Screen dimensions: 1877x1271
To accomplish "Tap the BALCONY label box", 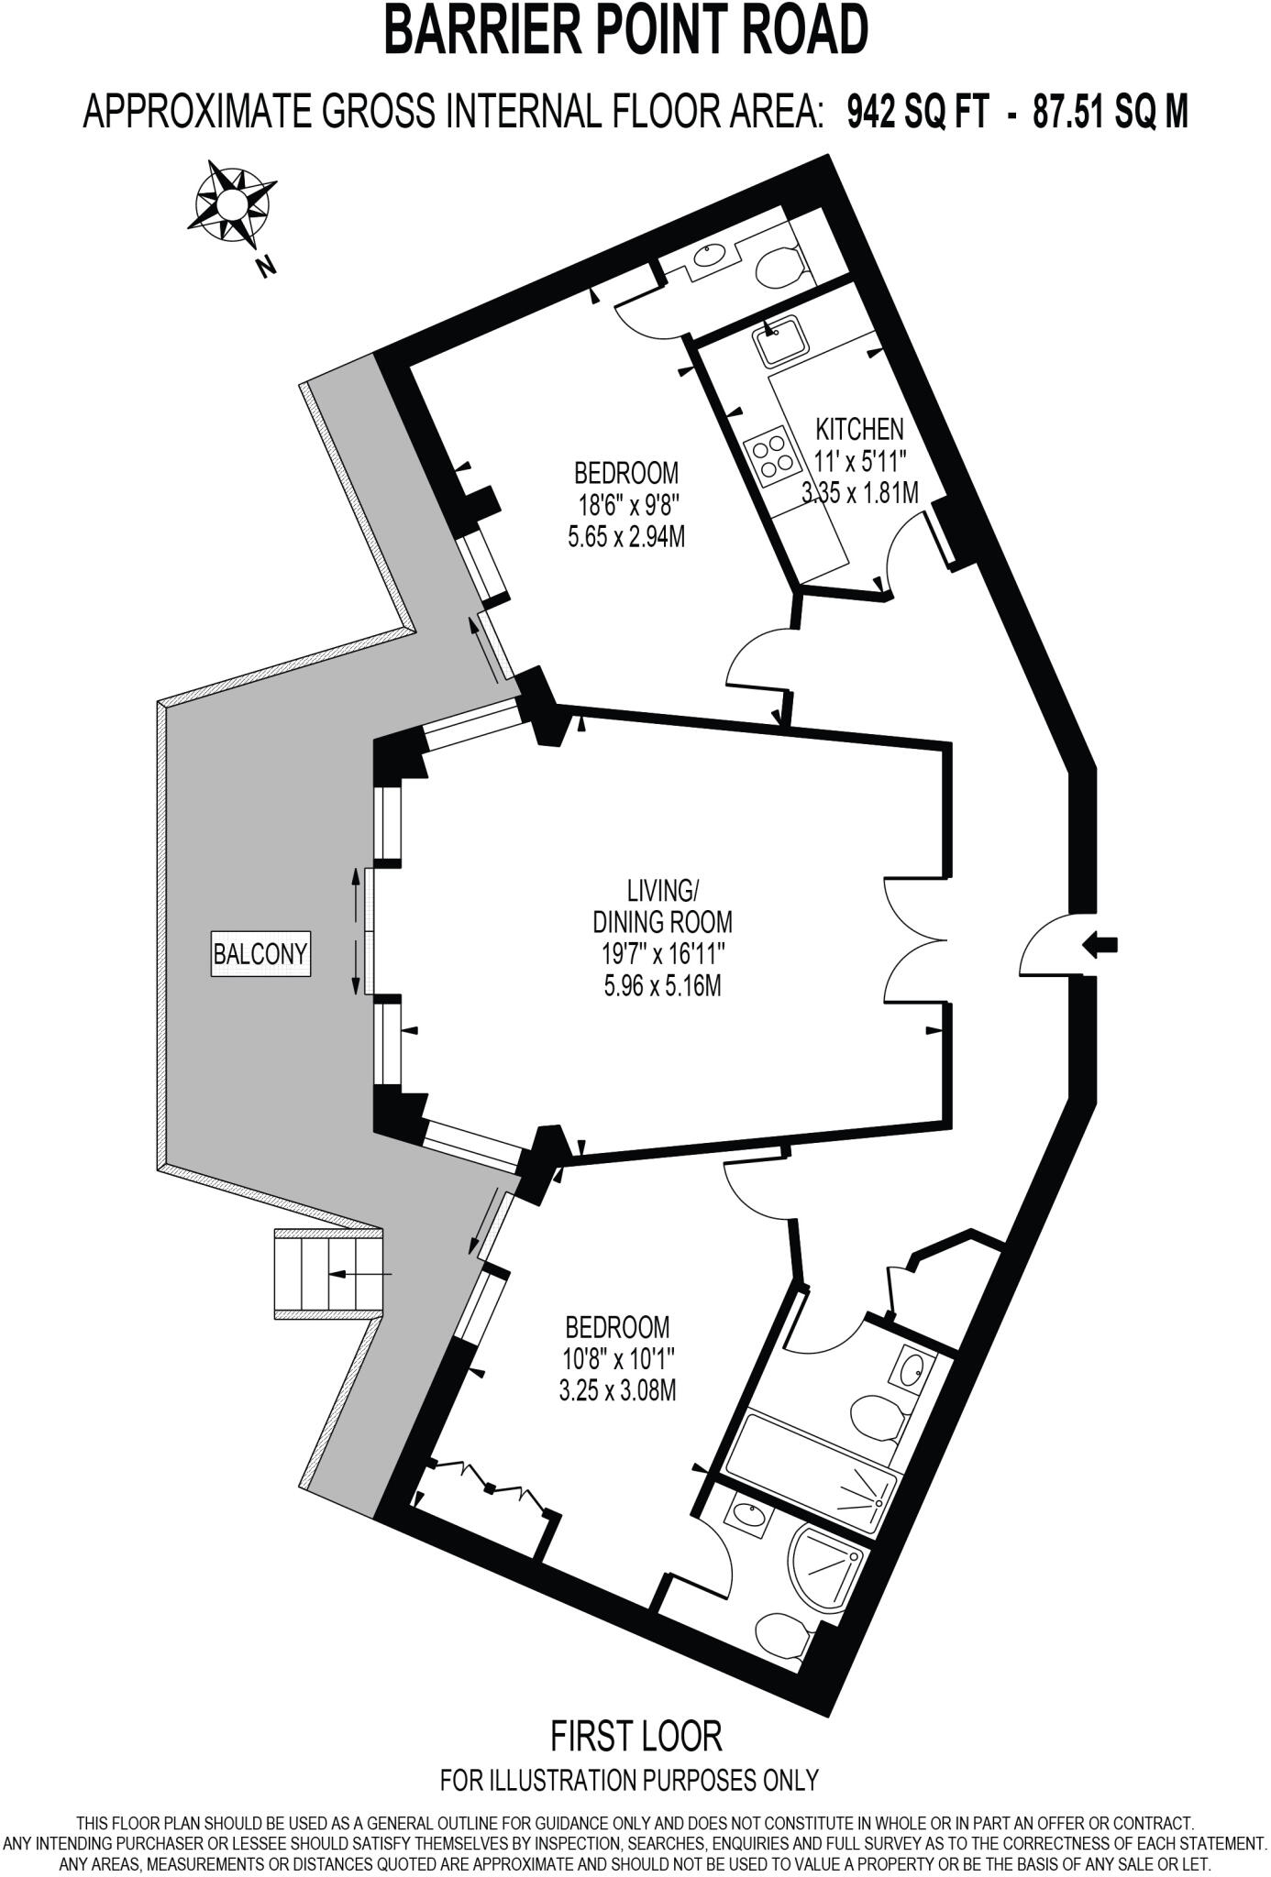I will click(260, 954).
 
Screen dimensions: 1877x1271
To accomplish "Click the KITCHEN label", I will click(859, 428).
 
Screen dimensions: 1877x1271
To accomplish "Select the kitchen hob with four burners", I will click(769, 456).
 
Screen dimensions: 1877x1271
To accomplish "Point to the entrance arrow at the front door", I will click(1100, 945).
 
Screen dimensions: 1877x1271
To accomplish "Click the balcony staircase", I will click(328, 1274).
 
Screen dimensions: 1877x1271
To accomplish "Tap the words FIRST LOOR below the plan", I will click(635, 1735).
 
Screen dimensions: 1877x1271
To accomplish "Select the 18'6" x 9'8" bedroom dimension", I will click(626, 505).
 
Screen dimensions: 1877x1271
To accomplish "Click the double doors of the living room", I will click(917, 940).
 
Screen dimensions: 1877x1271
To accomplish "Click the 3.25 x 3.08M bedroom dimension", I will click(617, 1391).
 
